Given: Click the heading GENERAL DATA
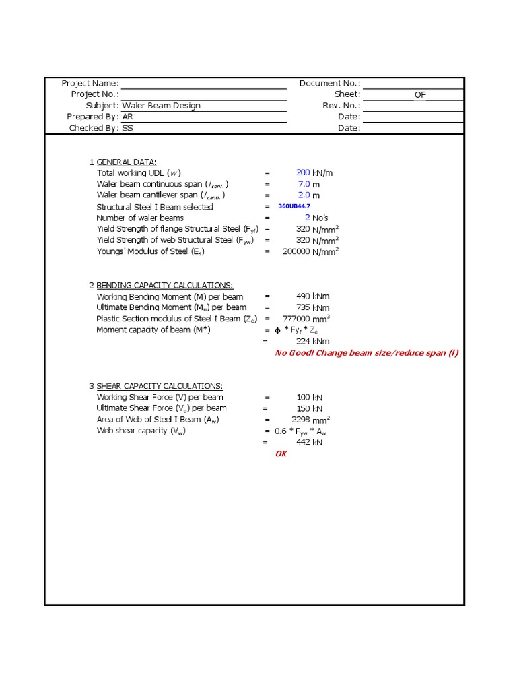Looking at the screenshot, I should (x=127, y=162).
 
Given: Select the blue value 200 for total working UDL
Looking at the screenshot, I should (x=303, y=173).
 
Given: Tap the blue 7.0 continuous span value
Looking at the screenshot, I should (x=304, y=184).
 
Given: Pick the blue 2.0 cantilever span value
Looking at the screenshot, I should (x=304, y=195).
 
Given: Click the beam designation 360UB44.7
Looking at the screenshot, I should (x=294, y=206).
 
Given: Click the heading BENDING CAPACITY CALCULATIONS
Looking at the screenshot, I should (x=165, y=286).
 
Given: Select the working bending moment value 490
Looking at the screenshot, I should (x=303, y=296).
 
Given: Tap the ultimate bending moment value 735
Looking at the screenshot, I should (x=303, y=307).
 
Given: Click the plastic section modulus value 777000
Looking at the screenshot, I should (x=297, y=319).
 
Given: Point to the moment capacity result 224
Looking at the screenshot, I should (x=303, y=342).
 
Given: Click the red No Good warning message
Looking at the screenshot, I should (x=366, y=353).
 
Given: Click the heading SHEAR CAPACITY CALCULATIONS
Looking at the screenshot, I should (x=160, y=386).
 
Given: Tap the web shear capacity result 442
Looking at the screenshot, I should (x=303, y=443).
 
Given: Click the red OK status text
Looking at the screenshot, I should (x=281, y=454).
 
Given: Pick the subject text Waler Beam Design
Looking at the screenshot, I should (x=161, y=106).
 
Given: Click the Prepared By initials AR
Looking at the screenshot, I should (x=127, y=117).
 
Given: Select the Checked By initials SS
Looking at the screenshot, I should (x=127, y=128).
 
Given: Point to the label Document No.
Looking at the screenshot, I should (x=329, y=84).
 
